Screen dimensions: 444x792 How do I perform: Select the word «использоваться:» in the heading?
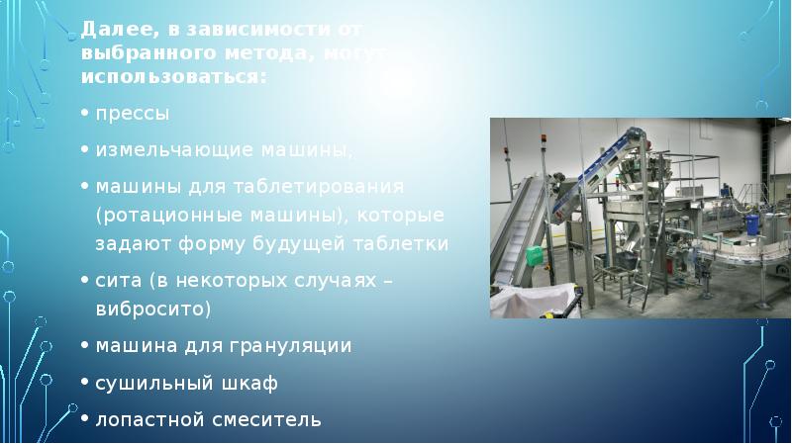click(x=173, y=75)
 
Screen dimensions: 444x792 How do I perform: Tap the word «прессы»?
click(x=133, y=114)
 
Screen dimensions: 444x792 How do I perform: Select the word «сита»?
click(x=116, y=280)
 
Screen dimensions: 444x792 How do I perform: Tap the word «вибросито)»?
click(x=153, y=309)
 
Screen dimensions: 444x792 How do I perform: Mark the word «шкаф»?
click(x=252, y=382)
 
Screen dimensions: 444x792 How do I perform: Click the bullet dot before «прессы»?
click(x=86, y=114)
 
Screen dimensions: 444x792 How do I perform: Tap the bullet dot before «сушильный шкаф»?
click(x=86, y=382)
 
